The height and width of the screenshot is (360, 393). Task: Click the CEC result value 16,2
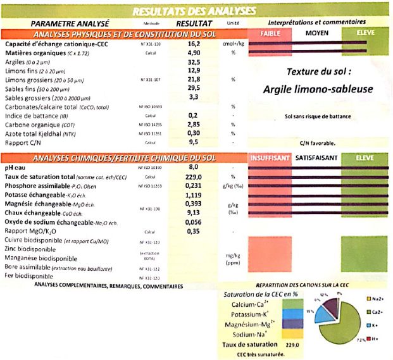[x=194, y=45]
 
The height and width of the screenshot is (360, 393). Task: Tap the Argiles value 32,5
[x=194, y=63]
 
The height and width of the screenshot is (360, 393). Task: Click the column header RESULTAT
[x=194, y=22]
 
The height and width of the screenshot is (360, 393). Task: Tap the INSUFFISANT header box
[x=271, y=157]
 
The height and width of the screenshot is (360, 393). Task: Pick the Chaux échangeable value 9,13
[x=194, y=213]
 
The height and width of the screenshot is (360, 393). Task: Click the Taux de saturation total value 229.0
[x=194, y=177]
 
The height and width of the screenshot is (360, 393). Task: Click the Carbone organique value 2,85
[x=194, y=125]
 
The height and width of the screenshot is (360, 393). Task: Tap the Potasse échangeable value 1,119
[x=194, y=196]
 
